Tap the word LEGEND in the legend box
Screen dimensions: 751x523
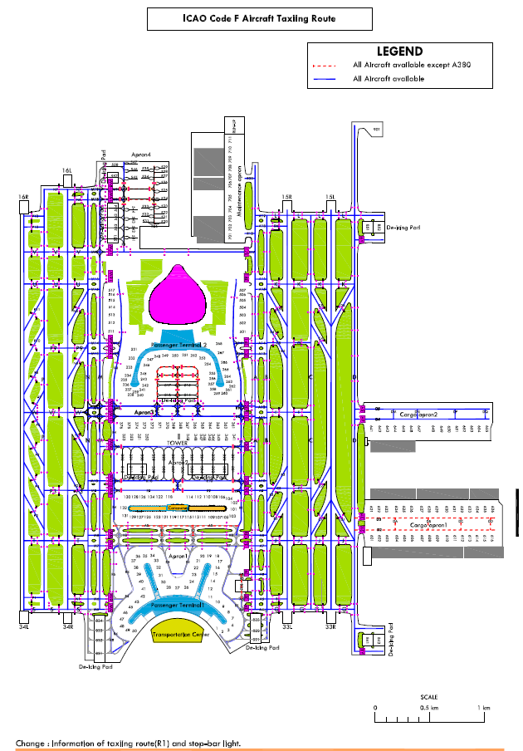point(399,52)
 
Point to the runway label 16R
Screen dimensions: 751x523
point(24,197)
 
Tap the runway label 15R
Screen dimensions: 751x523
point(287,197)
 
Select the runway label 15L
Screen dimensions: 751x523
point(330,197)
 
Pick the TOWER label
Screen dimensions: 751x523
point(179,444)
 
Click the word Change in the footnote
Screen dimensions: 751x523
point(32,742)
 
